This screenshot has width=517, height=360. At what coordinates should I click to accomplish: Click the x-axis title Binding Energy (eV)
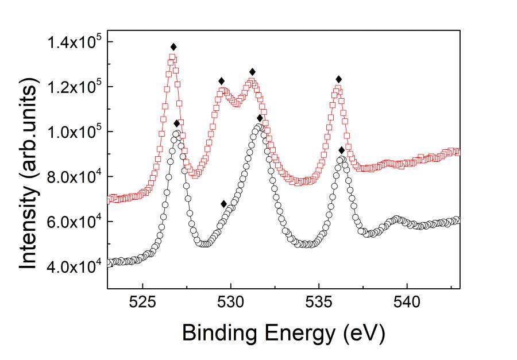[x=283, y=332]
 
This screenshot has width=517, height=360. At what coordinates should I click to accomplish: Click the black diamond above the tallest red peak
[x=173, y=47]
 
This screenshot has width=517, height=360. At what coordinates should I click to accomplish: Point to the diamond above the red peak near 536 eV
[x=339, y=79]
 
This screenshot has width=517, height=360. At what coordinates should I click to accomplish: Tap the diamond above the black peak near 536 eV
[x=342, y=150]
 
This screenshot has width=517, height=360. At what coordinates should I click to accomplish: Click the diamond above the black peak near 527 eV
[x=176, y=123]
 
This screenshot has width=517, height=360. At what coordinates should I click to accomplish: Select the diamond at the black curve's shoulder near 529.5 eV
[x=223, y=204]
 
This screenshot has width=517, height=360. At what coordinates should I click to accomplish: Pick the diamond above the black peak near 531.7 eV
[x=260, y=118]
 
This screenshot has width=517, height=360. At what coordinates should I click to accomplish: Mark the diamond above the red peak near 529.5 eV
[x=221, y=81]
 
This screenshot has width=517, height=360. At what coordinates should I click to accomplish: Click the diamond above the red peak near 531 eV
[x=252, y=72]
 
